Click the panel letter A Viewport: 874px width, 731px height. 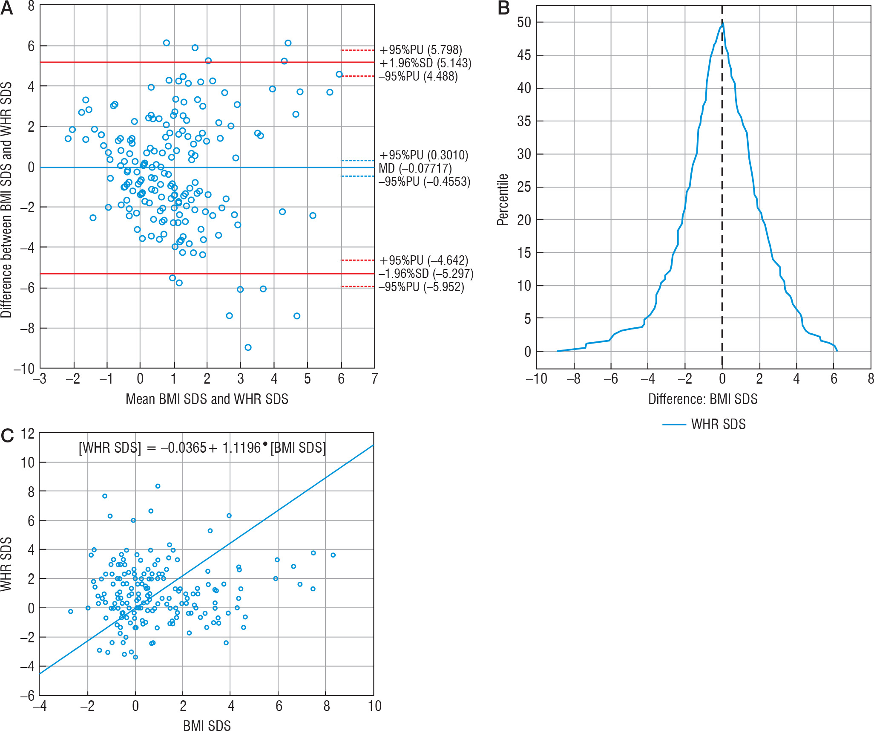tap(7, 9)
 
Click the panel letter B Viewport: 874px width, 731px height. tap(503, 9)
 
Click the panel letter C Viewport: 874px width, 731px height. tap(7, 436)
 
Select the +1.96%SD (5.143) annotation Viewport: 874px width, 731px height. tap(425, 63)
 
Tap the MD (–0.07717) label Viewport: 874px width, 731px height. tap(415, 168)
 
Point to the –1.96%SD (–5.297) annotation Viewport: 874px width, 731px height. tap(425, 274)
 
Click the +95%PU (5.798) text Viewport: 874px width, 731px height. tap(421, 50)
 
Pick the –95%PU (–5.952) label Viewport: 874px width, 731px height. tap(421, 287)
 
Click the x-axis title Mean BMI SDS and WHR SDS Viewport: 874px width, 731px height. tap(207, 399)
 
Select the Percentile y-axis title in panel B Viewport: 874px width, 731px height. tap(503, 199)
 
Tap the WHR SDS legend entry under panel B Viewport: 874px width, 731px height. tap(718, 425)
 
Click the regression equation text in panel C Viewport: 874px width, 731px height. tap(202, 448)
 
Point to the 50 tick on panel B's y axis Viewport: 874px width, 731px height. tap(524, 22)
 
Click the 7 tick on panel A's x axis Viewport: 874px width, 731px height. tap(374, 379)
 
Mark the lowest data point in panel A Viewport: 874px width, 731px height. tap(248, 347)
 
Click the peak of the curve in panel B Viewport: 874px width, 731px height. tap(722, 24)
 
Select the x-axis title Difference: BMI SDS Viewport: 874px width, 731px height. tap(703, 399)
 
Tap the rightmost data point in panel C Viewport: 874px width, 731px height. tap(333, 555)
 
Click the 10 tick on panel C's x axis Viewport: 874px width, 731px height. tap(374, 706)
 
